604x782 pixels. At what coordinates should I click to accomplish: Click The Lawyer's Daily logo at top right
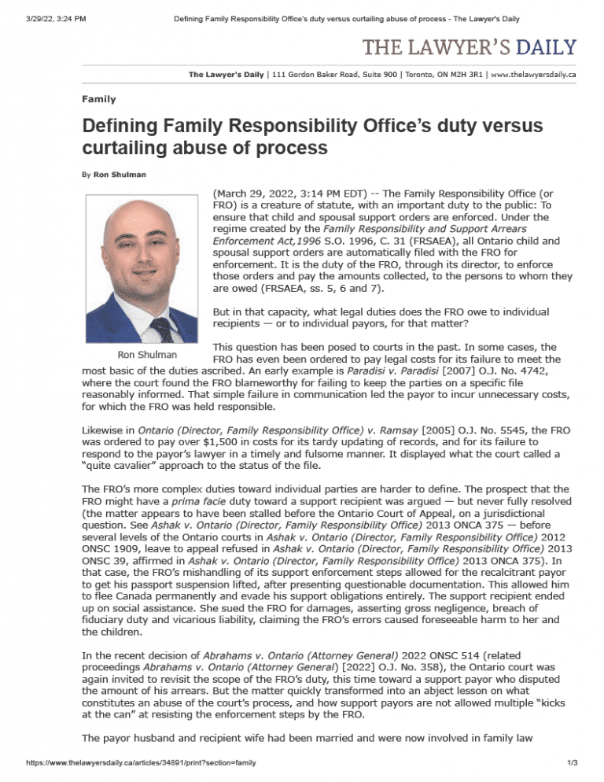469,47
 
